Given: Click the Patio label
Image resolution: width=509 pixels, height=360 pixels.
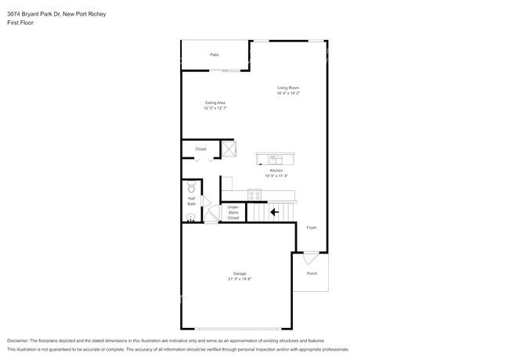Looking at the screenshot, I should tap(214, 55).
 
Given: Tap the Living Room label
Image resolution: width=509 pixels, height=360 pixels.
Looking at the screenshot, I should tap(287, 87).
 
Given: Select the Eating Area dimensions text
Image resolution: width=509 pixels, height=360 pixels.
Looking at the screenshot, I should tap(215, 108).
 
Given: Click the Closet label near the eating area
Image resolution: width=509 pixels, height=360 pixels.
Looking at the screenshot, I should tap(200, 149).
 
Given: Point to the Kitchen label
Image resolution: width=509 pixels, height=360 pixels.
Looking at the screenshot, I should tap(276, 171).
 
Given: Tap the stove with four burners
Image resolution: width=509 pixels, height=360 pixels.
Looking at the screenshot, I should tap(254, 193).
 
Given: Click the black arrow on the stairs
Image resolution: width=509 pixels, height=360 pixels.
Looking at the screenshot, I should tap(274, 211).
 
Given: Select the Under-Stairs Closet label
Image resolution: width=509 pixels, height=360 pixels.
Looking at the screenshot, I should tap(233, 212).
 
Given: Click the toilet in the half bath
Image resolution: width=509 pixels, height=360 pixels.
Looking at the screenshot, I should tap(190, 188).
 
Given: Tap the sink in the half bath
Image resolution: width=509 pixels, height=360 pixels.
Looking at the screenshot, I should tap(190, 216).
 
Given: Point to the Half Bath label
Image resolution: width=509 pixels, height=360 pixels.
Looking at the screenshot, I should tap(192, 201).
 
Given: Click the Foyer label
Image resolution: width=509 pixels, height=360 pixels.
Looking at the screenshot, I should tap(311, 228).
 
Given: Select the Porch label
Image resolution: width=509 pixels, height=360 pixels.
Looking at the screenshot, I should tap(312, 274).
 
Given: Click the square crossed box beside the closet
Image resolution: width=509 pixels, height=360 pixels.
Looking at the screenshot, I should tap(229, 149).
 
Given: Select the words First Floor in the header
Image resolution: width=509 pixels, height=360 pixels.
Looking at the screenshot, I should tap(20, 23).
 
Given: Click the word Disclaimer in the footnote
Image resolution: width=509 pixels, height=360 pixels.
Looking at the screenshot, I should tap(21, 341).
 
